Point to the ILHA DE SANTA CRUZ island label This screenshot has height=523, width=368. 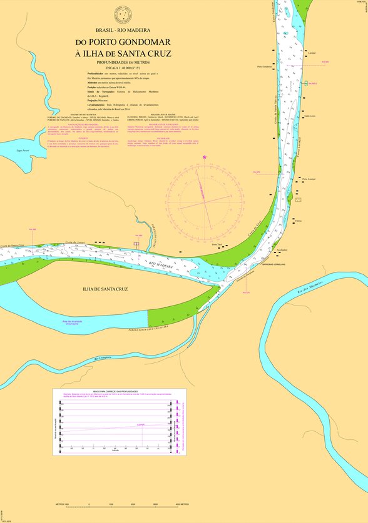tap(105, 289)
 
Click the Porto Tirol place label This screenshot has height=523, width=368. tap(217, 244)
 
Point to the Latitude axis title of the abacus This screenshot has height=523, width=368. tap(115, 451)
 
